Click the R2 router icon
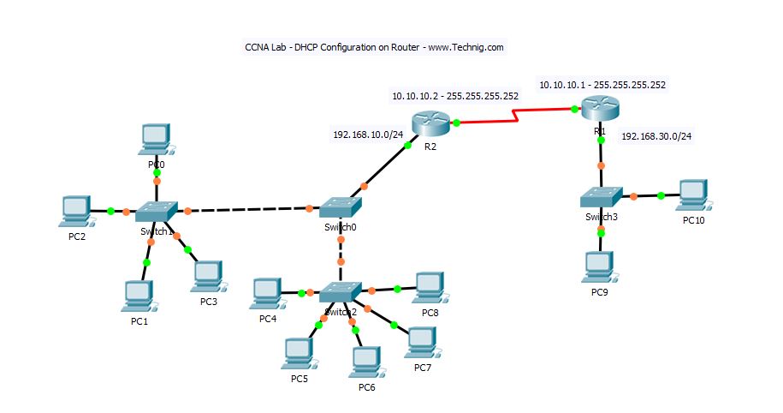click(429, 123)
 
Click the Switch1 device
click(157, 210)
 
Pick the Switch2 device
click(341, 291)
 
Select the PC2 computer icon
click(76, 209)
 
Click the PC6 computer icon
click(365, 360)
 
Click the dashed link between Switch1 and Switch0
click(248, 209)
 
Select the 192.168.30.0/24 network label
click(656, 135)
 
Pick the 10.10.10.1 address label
click(602, 85)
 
